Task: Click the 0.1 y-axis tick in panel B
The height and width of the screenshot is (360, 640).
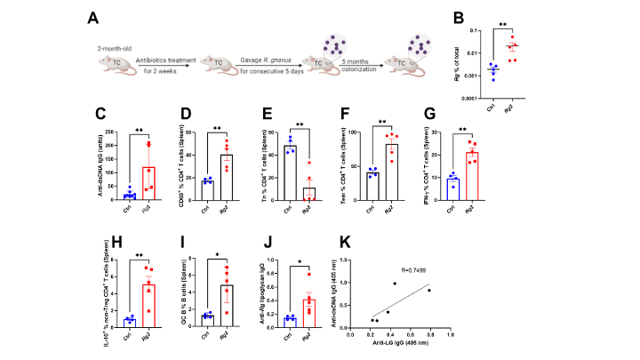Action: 472,31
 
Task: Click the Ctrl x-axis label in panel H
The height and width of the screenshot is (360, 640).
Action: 130,333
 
